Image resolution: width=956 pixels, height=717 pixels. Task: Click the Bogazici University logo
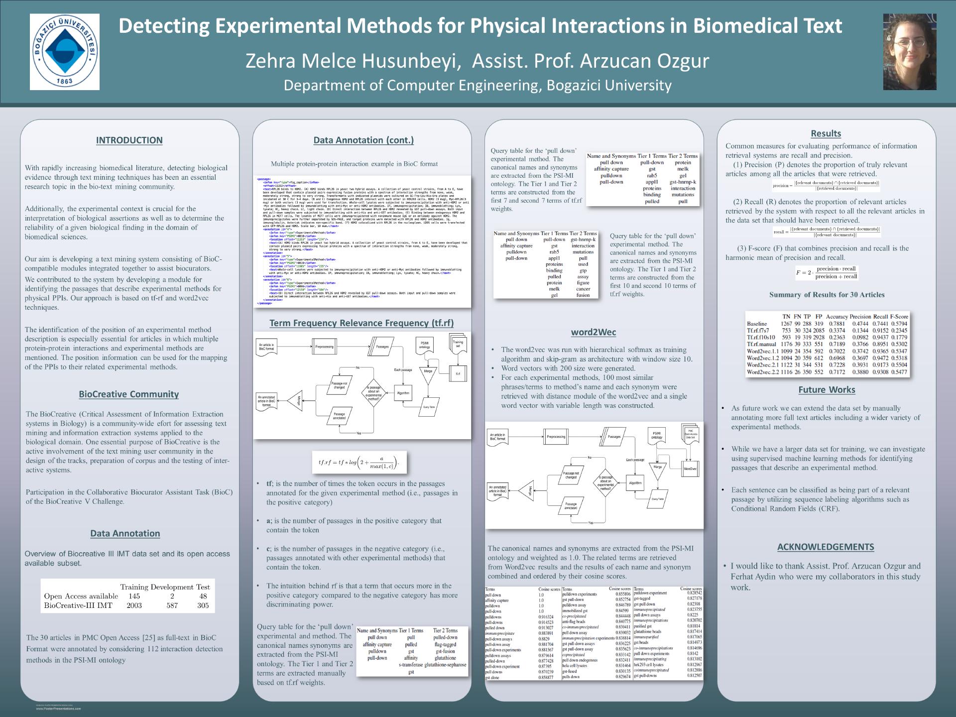pos(65,52)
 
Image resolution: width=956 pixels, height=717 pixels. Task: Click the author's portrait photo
pos(909,52)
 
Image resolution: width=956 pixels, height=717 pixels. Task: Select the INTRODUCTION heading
pos(129,140)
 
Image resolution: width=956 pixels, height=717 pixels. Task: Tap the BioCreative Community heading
pos(128,394)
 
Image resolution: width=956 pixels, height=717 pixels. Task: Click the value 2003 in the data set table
pos(134,605)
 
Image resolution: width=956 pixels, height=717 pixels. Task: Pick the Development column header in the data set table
pos(172,587)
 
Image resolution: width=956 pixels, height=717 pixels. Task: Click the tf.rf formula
pos(358,463)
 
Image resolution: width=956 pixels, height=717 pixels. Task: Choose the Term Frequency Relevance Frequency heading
pos(361,323)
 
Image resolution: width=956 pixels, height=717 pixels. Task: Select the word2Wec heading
pos(594,332)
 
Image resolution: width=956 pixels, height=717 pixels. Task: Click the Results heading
pos(826,133)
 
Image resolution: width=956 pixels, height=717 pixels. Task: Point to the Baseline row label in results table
pos(757,324)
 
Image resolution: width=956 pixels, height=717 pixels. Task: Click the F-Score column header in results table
pos(899,317)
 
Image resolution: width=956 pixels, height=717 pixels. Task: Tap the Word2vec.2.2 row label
pos(762,372)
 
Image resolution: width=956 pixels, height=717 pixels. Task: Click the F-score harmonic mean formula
pos(827,272)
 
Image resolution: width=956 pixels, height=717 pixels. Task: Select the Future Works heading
pos(827,390)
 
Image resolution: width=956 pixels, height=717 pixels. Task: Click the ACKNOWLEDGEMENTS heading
pos(826,547)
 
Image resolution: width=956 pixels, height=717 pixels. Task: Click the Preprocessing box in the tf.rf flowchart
pos(324,347)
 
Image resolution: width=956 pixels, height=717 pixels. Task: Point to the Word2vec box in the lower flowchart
pos(690,469)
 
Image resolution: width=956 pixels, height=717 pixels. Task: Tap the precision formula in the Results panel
pos(826,186)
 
